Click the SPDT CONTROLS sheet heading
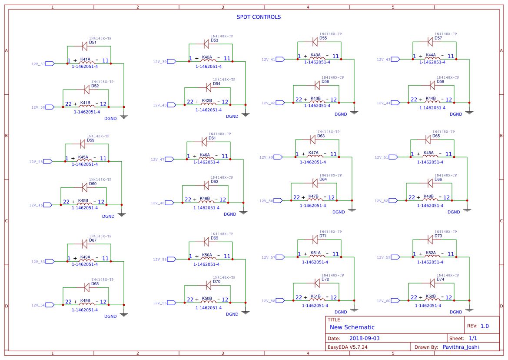click(259, 17)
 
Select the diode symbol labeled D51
click(85, 46)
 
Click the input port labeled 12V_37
click(50, 63)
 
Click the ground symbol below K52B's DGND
click(469, 310)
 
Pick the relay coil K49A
click(86, 261)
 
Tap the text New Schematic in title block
click(352, 327)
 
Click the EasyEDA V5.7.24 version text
click(348, 347)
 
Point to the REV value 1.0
click(485, 326)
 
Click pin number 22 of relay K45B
click(66, 202)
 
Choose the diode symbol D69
click(207, 241)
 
